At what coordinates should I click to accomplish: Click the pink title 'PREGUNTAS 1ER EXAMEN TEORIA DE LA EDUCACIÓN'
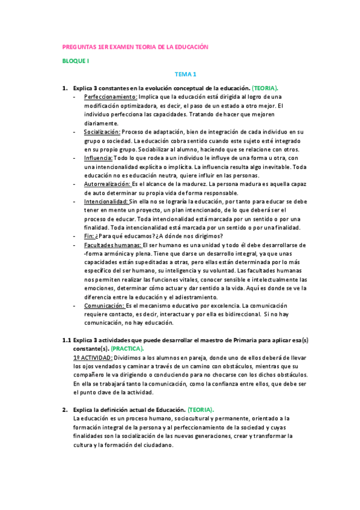135,47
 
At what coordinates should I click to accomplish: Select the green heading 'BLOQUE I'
76,61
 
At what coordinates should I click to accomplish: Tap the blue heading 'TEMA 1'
186,75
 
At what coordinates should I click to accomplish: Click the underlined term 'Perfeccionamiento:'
111,96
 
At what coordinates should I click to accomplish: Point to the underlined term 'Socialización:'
102,132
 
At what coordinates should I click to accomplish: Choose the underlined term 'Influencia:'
97,158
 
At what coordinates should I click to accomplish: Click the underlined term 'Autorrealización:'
107,184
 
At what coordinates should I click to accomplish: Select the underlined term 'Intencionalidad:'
106,201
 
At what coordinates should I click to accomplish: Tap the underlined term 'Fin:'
90,236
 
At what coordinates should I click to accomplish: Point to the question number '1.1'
67,340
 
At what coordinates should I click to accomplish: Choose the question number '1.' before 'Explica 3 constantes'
66,88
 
